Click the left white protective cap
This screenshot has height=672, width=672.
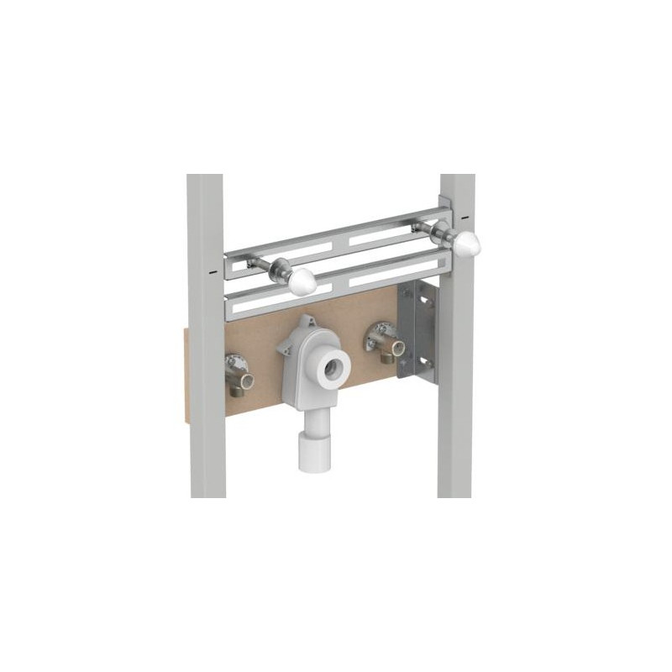[302, 283]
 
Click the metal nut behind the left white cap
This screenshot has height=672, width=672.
[278, 273]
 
